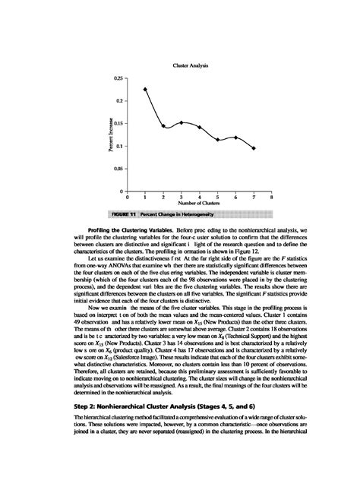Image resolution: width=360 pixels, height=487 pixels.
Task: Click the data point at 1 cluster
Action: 145,90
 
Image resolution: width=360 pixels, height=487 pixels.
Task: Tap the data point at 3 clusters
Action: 182,122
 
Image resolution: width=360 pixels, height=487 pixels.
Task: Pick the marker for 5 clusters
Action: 218,140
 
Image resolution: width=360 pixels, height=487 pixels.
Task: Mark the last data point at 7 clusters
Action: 254,148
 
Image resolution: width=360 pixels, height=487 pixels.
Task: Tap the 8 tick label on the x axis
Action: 272,197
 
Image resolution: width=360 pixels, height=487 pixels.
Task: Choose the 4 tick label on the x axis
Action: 200,197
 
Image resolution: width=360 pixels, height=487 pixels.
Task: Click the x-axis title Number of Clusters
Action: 200,204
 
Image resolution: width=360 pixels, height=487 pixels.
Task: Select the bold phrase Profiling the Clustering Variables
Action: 126,229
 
